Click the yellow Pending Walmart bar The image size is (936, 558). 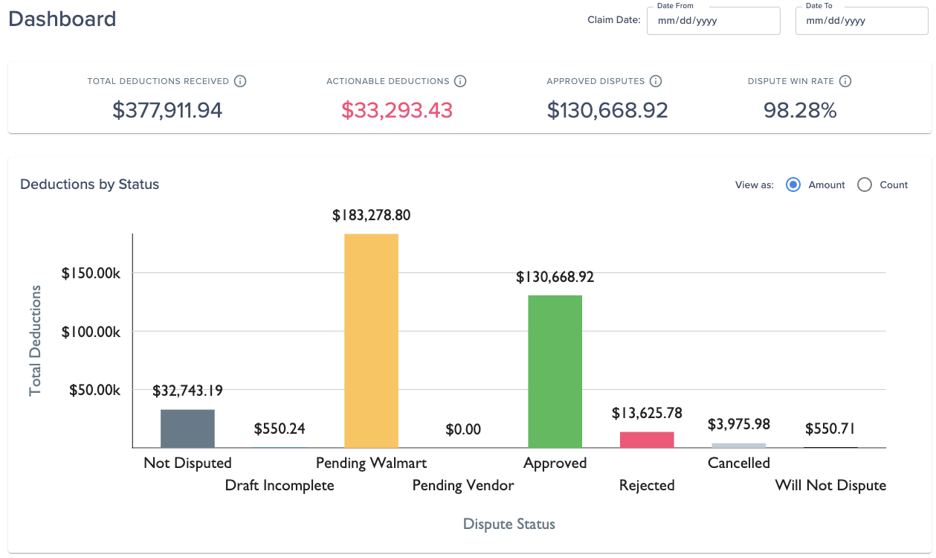(371, 341)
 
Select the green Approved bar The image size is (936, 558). (555, 371)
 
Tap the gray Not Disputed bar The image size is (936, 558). (187, 429)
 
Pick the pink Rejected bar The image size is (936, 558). (647, 440)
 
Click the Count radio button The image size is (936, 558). (865, 185)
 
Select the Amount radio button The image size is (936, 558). (793, 185)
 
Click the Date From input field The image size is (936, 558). (713, 21)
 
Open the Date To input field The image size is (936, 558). (862, 21)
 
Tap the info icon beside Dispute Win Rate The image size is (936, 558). (845, 81)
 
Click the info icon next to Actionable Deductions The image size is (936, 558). (460, 81)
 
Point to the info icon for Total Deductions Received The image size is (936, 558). (240, 81)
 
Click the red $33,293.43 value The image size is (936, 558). (397, 110)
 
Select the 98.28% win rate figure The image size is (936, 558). (800, 110)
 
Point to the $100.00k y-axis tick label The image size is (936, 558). (91, 332)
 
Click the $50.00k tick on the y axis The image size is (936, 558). (94, 390)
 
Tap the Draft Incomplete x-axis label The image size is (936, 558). (280, 485)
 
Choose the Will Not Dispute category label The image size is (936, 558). (830, 485)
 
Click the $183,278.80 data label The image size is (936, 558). (371, 215)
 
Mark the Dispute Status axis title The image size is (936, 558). (509, 524)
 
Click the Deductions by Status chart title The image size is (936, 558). (89, 184)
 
